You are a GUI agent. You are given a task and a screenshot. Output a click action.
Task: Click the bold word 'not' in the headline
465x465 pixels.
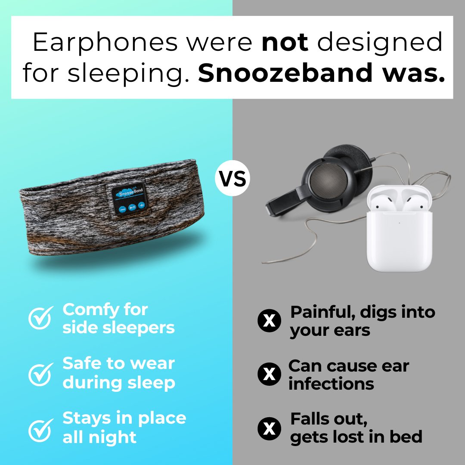tap(285, 42)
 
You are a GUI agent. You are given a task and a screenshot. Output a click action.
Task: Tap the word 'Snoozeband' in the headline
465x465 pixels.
tap(285, 73)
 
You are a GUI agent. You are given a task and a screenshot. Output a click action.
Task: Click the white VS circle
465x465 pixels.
tap(232, 178)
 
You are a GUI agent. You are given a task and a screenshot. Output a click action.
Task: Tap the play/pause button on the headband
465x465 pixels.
tap(132, 207)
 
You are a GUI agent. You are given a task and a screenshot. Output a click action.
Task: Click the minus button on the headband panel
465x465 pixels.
tap(122, 210)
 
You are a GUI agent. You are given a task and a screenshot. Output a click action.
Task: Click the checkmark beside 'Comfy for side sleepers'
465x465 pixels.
tap(40, 318)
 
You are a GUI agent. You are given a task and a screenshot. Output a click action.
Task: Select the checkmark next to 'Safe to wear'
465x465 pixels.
tap(40, 374)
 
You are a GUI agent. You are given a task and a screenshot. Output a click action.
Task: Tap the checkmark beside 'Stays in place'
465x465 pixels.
tap(40, 430)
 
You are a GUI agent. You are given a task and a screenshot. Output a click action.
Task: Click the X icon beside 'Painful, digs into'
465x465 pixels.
tap(269, 320)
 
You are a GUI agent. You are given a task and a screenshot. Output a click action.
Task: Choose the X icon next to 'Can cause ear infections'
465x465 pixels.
tap(269, 374)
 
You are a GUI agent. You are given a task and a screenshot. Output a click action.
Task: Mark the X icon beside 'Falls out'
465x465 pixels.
tap(269, 428)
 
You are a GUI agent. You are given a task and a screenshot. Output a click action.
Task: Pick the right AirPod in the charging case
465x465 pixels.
tap(414, 202)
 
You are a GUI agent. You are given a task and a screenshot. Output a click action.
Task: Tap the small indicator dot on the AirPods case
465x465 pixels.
tap(400, 223)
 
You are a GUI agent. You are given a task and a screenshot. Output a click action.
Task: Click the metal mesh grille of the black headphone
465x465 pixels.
tap(328, 180)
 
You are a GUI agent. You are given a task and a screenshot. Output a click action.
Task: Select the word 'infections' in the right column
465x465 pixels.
tap(331, 384)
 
